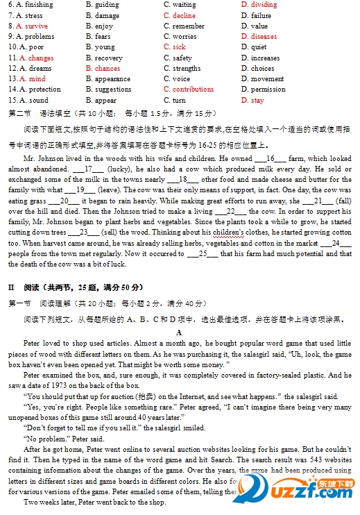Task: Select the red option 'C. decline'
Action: (180, 15)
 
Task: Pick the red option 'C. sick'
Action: (175, 47)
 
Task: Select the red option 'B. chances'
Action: (103, 69)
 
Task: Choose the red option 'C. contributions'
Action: (189, 90)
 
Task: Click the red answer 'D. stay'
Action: (252, 100)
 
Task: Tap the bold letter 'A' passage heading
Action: (179, 332)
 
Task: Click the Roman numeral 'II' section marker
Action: (12, 287)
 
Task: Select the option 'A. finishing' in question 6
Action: (31, 5)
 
